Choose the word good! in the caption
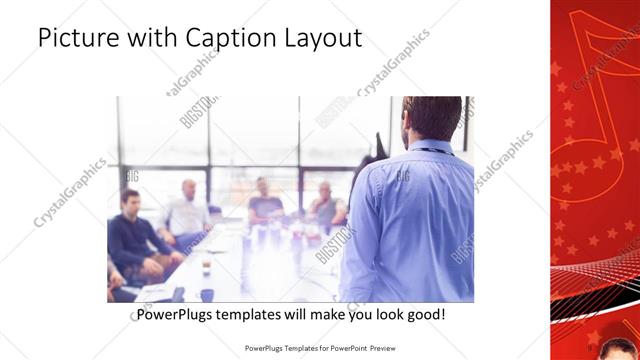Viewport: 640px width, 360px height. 424,315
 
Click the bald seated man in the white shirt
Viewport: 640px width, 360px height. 187,209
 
